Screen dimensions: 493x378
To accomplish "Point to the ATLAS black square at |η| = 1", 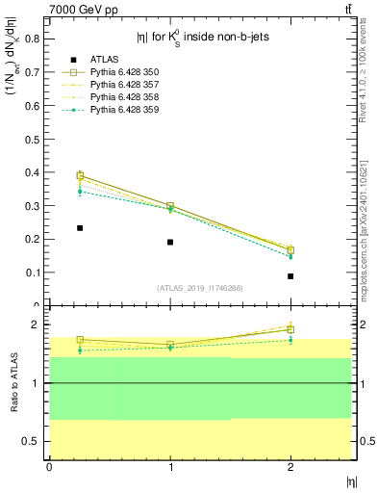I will tap(170, 242).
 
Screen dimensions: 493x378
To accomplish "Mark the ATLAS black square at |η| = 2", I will tap(290, 276).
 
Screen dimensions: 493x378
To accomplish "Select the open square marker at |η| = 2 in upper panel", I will tap(290, 250).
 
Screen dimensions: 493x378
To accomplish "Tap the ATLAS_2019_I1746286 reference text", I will tap(199, 288).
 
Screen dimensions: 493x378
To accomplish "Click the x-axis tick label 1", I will tap(170, 467).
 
